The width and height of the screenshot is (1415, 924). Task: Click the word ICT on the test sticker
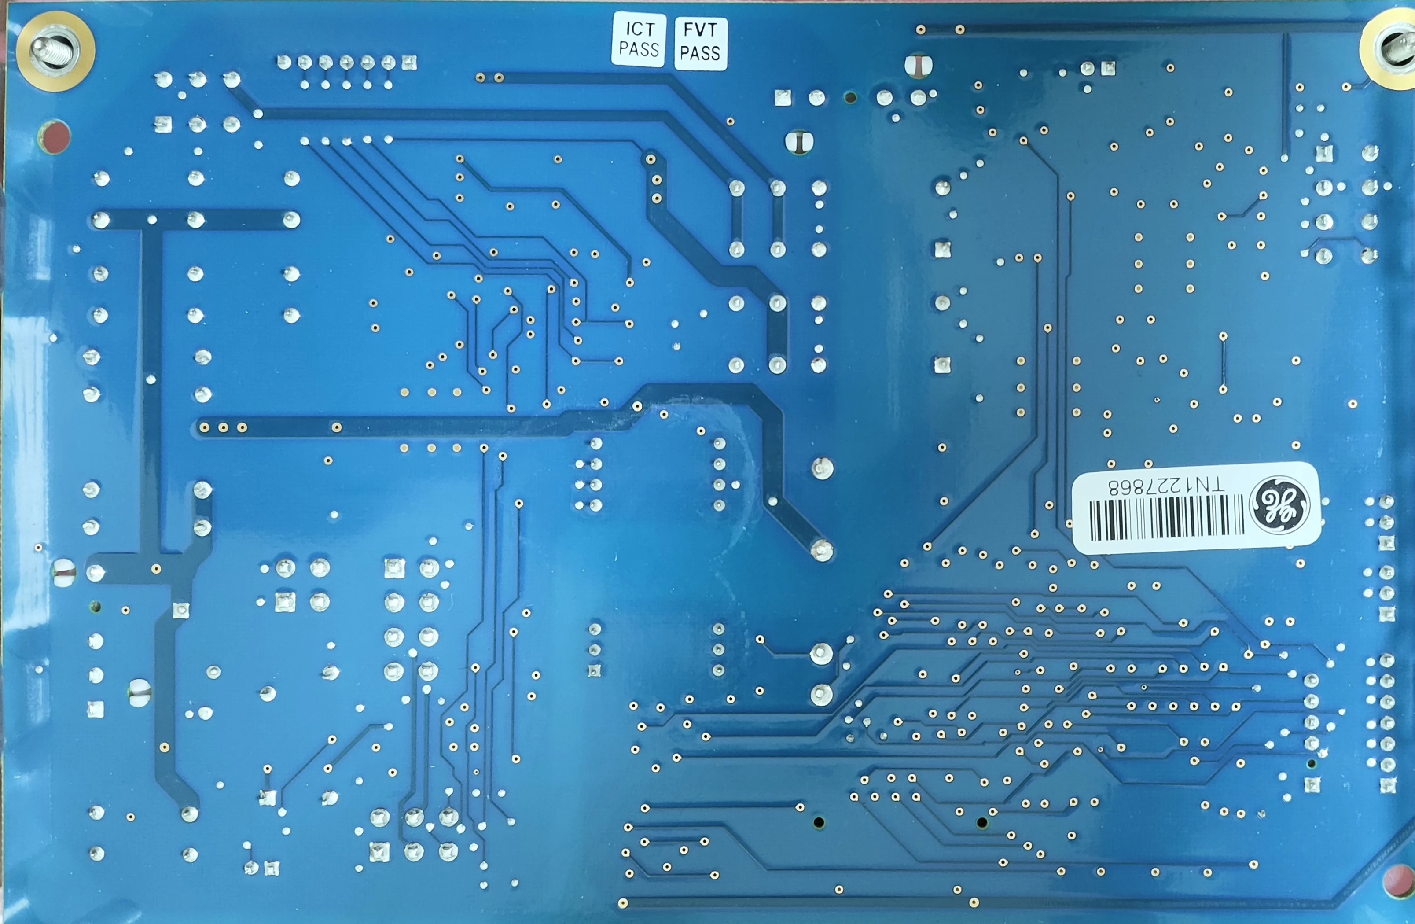640,29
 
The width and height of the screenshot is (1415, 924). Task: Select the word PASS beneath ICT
639,49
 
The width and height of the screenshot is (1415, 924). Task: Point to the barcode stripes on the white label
1165,519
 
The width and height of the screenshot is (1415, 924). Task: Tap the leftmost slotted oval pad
64,573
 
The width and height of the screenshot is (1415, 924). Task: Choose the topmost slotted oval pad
919,66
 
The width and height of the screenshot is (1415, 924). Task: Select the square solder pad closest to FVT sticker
783,98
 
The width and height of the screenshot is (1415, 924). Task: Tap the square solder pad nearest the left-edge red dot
163,124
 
